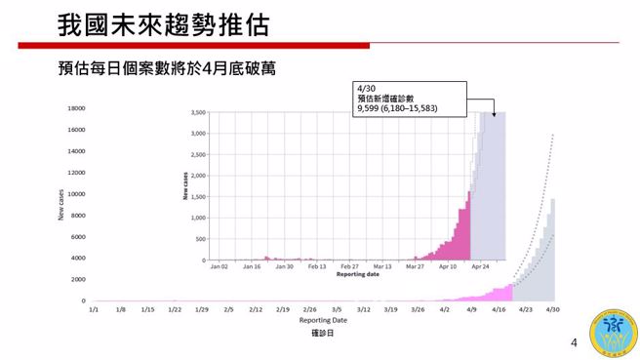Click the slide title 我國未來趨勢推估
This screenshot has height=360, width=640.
(164, 23)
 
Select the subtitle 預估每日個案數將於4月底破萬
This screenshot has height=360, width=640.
(167, 69)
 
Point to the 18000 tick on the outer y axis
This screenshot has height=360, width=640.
(76, 108)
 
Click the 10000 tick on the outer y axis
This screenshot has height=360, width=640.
(76, 194)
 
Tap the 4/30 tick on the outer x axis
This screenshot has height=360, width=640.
(551, 309)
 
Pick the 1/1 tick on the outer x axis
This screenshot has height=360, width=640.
(94, 309)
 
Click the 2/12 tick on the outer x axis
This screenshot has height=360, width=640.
(256, 309)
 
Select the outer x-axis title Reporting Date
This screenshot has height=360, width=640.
(323, 320)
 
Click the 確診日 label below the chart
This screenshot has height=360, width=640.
(323, 334)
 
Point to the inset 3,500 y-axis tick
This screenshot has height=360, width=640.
(196, 113)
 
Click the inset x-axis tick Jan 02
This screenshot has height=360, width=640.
(219, 266)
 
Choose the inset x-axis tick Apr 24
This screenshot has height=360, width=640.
(481, 266)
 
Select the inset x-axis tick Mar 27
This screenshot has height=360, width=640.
(416, 266)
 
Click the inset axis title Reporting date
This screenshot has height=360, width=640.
(357, 274)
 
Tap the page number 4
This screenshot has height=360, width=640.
(574, 343)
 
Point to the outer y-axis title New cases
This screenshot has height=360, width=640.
(60, 206)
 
